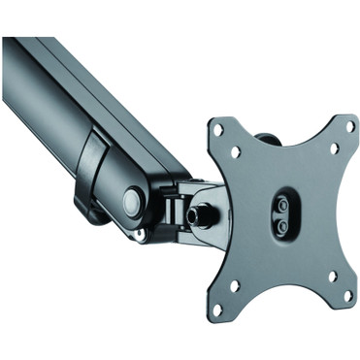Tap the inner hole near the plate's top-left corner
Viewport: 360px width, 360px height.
(x=233, y=152)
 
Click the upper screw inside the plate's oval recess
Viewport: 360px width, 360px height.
(x=281, y=205)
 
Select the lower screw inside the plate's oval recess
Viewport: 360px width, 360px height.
(x=281, y=224)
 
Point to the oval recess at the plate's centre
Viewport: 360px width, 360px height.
(x=280, y=214)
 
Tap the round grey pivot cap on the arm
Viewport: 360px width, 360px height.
(x=130, y=199)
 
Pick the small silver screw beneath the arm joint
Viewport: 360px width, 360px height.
(x=143, y=234)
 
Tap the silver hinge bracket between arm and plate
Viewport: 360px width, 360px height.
(x=180, y=209)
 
